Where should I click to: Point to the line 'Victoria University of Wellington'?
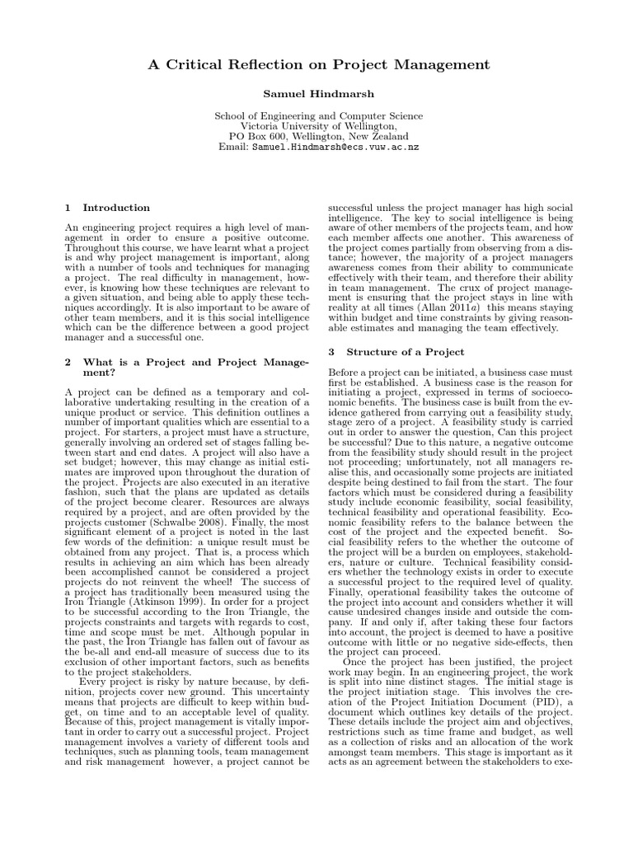pos(318,126)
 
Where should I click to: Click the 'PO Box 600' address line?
pos(318,136)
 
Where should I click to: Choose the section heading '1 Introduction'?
pos(107,208)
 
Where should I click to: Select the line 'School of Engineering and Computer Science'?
pos(318,116)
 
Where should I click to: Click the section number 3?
pos(331,351)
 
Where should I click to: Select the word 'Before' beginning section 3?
pos(346,373)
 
